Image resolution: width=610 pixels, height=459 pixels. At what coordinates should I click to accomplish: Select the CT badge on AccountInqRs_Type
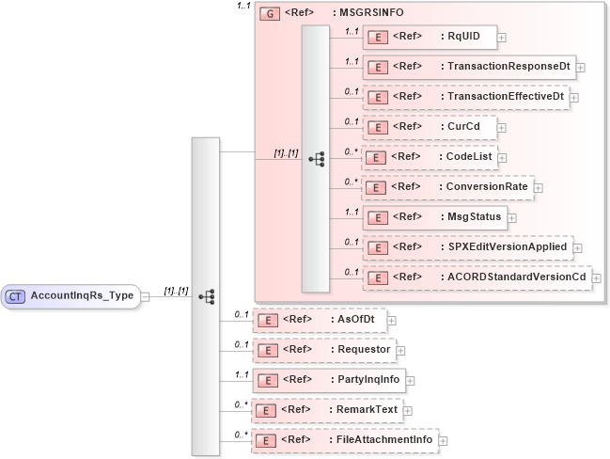(x=16, y=296)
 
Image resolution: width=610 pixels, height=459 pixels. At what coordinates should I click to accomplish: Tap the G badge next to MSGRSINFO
(x=269, y=16)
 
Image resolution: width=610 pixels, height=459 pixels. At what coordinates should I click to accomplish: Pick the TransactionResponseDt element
(x=469, y=68)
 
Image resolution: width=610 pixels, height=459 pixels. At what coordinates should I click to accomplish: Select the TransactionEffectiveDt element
(x=465, y=97)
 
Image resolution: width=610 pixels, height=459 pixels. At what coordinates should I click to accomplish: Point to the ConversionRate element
(x=447, y=187)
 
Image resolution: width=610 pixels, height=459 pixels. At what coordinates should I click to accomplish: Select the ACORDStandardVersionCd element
(x=477, y=277)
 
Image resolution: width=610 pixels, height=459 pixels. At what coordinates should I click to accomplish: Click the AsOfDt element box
(x=321, y=320)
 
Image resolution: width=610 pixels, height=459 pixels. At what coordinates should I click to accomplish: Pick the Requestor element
(x=324, y=350)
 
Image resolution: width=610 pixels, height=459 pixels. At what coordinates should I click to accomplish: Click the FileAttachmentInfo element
(x=346, y=440)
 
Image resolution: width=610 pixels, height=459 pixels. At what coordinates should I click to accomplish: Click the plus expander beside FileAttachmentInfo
(x=443, y=440)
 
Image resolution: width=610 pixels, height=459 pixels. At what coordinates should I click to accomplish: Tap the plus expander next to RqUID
(x=502, y=38)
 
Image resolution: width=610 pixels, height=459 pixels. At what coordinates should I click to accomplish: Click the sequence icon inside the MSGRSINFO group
(x=316, y=159)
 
